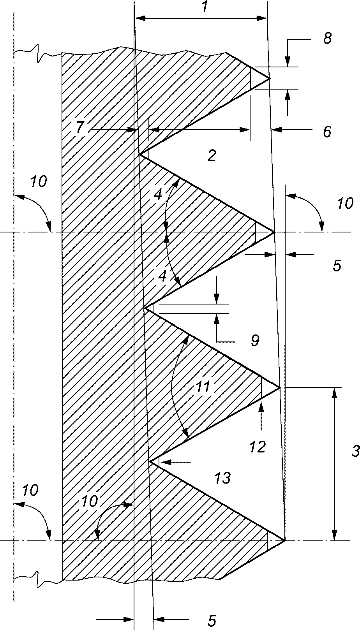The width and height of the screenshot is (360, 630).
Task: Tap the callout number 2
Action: (x=212, y=156)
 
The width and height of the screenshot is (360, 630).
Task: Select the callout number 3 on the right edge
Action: (x=355, y=451)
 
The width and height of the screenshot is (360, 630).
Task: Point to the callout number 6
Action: (x=327, y=132)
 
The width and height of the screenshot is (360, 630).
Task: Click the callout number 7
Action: (x=80, y=127)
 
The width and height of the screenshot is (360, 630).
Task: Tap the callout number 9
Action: (x=255, y=341)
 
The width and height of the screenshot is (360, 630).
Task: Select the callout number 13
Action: (x=222, y=477)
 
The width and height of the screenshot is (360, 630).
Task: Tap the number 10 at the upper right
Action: (x=345, y=203)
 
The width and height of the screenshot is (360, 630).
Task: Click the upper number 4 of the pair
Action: (x=158, y=195)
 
